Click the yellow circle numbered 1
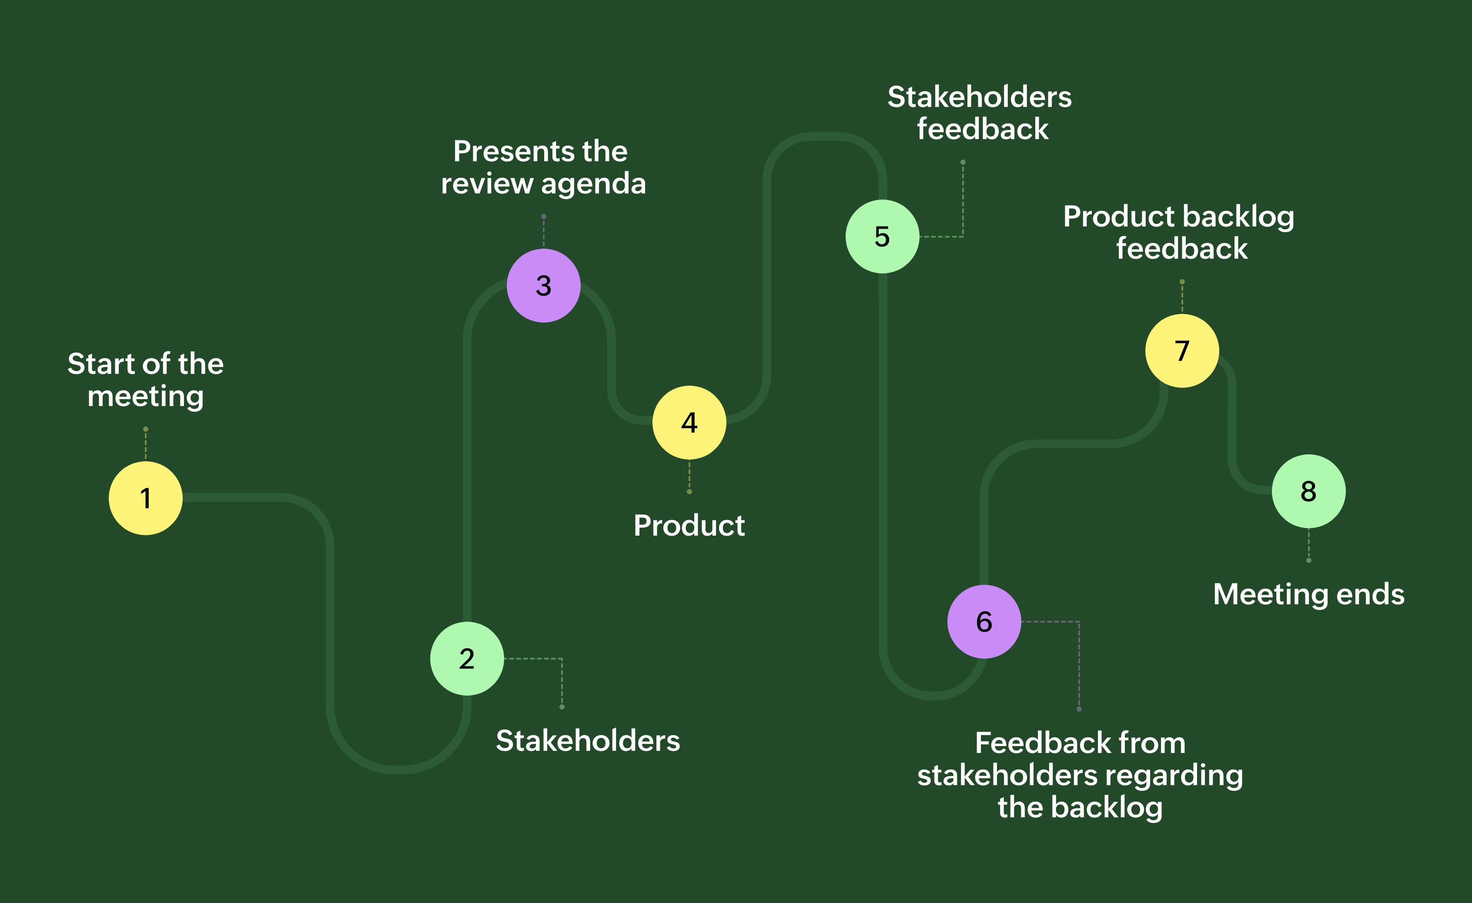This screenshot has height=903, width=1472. (145, 498)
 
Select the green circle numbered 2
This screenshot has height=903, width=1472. (467, 659)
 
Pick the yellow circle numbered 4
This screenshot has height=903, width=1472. (689, 422)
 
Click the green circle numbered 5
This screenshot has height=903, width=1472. (882, 237)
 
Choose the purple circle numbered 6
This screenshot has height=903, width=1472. (984, 622)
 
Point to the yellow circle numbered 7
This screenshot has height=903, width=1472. (1182, 350)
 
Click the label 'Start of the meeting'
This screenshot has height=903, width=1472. (145, 380)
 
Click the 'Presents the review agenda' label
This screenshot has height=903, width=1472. (543, 167)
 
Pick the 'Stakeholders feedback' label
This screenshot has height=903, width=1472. (980, 113)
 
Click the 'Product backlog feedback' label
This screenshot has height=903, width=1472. (1179, 232)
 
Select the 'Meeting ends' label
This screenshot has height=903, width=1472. (1308, 594)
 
